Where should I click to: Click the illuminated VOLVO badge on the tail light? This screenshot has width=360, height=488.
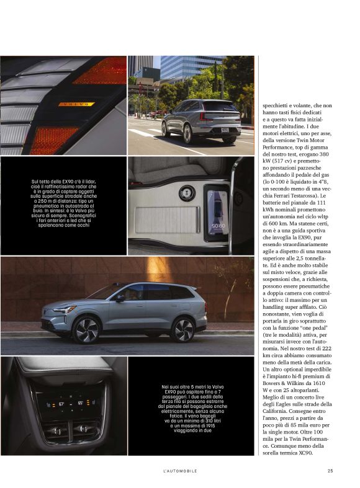76,104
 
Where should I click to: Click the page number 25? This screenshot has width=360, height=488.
331,471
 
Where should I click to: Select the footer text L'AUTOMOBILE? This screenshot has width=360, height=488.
179,471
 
